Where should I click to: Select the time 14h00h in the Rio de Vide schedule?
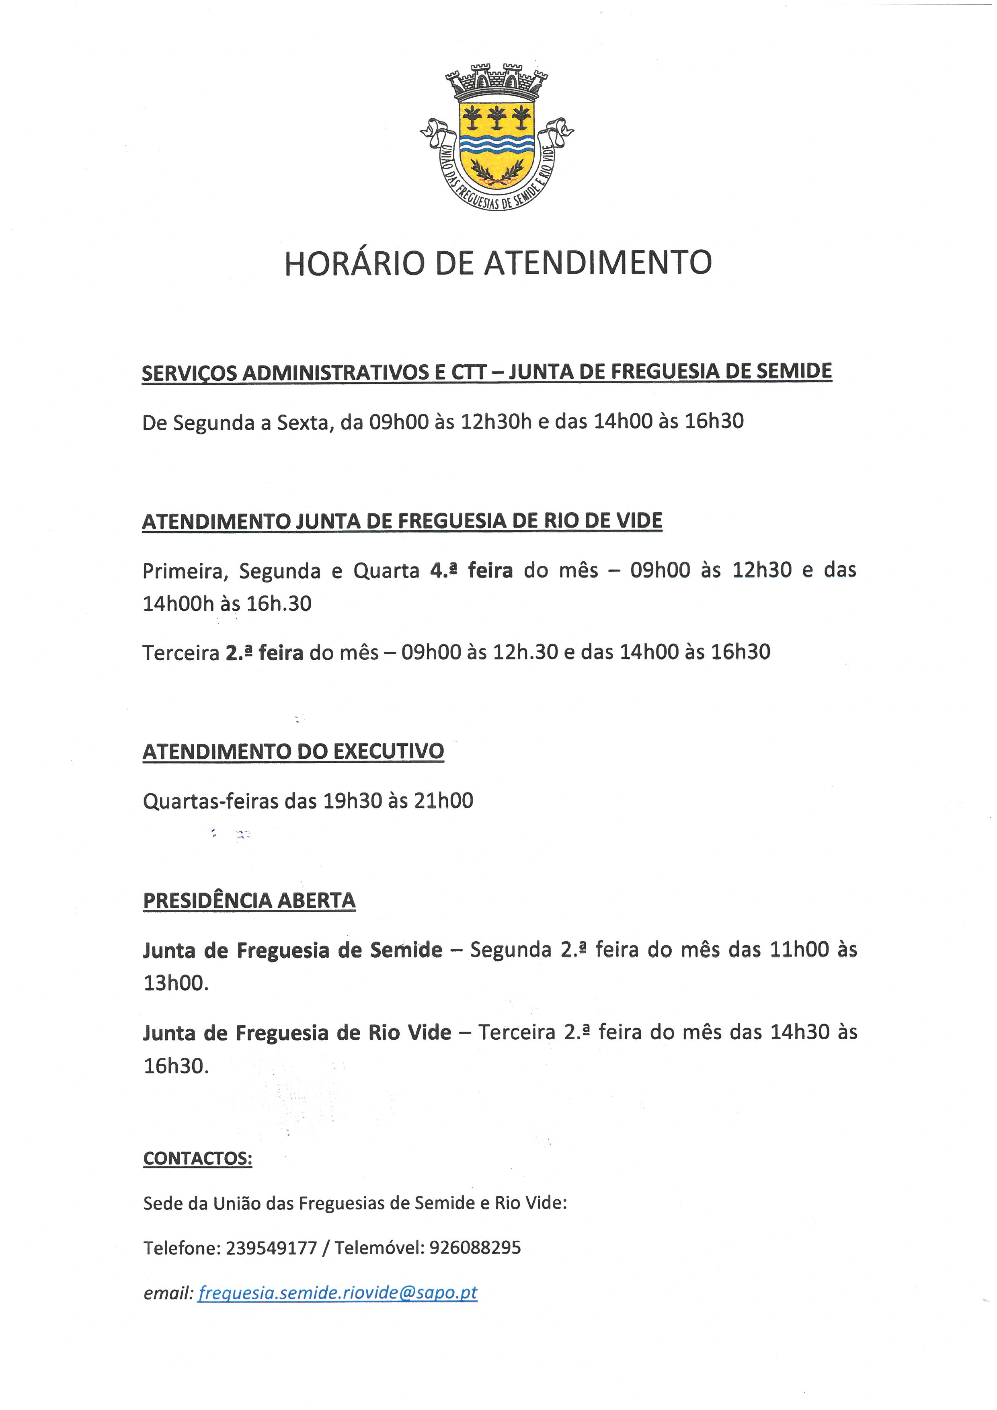tap(178, 603)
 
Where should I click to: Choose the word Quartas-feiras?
tap(211, 801)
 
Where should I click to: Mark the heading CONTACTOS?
tap(198, 1158)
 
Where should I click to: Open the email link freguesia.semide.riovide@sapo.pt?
tap(337, 1293)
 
